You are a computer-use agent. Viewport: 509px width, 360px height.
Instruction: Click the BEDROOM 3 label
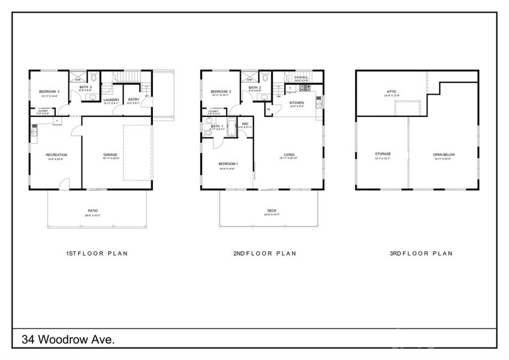pos(40,91)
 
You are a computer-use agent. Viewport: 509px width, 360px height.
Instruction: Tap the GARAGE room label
pos(110,155)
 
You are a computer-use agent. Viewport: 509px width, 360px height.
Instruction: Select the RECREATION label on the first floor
pos(56,155)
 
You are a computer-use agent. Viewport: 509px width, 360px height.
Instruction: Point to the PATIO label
pos(93,211)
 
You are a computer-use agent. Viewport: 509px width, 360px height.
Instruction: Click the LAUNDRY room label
pos(112,100)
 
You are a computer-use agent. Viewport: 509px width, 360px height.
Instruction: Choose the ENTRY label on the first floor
pos(134,100)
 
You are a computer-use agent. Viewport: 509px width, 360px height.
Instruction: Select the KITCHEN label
pos(297,103)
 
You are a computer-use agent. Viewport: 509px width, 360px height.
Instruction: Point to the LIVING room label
pos(289,155)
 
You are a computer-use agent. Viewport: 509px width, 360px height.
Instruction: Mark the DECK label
pos(272,211)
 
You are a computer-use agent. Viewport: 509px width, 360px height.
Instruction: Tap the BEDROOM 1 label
pos(228,164)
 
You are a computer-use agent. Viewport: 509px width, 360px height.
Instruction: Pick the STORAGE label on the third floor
pos(382,154)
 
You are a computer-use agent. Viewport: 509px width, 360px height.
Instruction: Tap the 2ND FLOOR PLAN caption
pos(264,254)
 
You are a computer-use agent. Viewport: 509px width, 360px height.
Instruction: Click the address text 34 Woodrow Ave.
pos(68,340)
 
